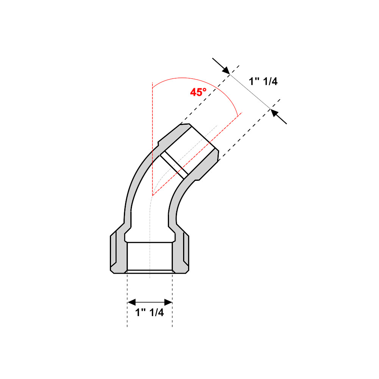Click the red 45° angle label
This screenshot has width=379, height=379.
point(198,92)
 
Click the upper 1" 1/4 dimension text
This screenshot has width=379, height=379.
point(263,81)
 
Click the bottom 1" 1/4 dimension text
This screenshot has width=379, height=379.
point(150,313)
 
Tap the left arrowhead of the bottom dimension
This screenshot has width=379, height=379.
point(131,302)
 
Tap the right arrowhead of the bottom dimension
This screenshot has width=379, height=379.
point(169,302)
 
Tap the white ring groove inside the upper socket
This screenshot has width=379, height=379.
point(174,165)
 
